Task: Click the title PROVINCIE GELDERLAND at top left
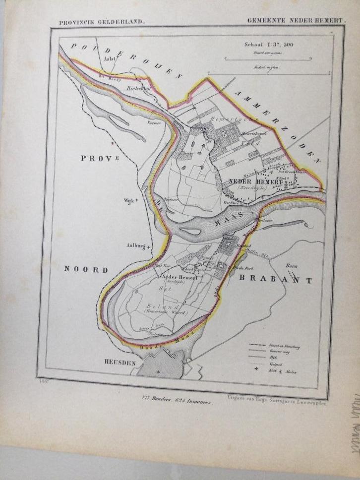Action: coord(101,22)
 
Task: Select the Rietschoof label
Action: coord(138,89)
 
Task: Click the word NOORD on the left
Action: coord(86,270)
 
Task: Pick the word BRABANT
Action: coord(276,280)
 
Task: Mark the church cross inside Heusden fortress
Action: coord(158,371)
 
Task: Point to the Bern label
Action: coord(292,266)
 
